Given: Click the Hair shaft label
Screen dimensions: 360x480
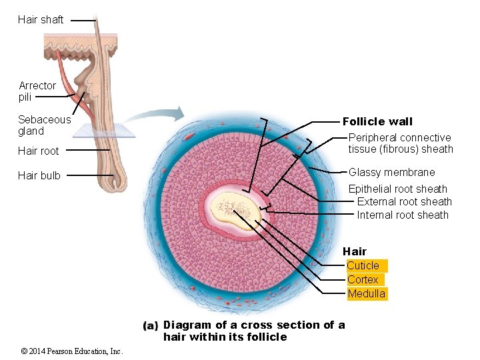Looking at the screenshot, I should [x=41, y=20].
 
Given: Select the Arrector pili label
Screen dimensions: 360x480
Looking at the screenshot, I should [x=37, y=91].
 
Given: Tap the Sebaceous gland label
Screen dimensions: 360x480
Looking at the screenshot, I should [x=44, y=125].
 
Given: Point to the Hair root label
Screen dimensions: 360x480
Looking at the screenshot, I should [x=39, y=151].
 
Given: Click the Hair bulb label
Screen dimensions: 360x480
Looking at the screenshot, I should [x=39, y=176].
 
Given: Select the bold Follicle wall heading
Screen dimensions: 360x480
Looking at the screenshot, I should [x=377, y=121].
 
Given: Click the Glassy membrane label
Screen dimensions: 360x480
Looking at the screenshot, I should [x=391, y=173].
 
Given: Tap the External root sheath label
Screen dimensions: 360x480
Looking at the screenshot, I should [x=404, y=202].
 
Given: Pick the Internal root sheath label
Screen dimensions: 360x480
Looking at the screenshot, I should [x=403, y=215].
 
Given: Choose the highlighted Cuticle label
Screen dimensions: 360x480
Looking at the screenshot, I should [x=363, y=266].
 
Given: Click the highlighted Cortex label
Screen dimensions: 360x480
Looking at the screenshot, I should [x=363, y=280].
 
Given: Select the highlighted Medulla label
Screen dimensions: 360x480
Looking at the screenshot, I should [x=366, y=294].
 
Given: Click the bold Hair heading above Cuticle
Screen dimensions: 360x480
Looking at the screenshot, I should [x=355, y=251].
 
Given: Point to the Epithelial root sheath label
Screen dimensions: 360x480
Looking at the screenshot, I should [x=398, y=189].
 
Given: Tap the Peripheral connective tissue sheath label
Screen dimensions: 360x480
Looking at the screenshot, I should [x=400, y=143].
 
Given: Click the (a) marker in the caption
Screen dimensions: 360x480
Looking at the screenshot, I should [x=151, y=326].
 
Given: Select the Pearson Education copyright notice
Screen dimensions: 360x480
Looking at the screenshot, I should [x=71, y=351].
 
